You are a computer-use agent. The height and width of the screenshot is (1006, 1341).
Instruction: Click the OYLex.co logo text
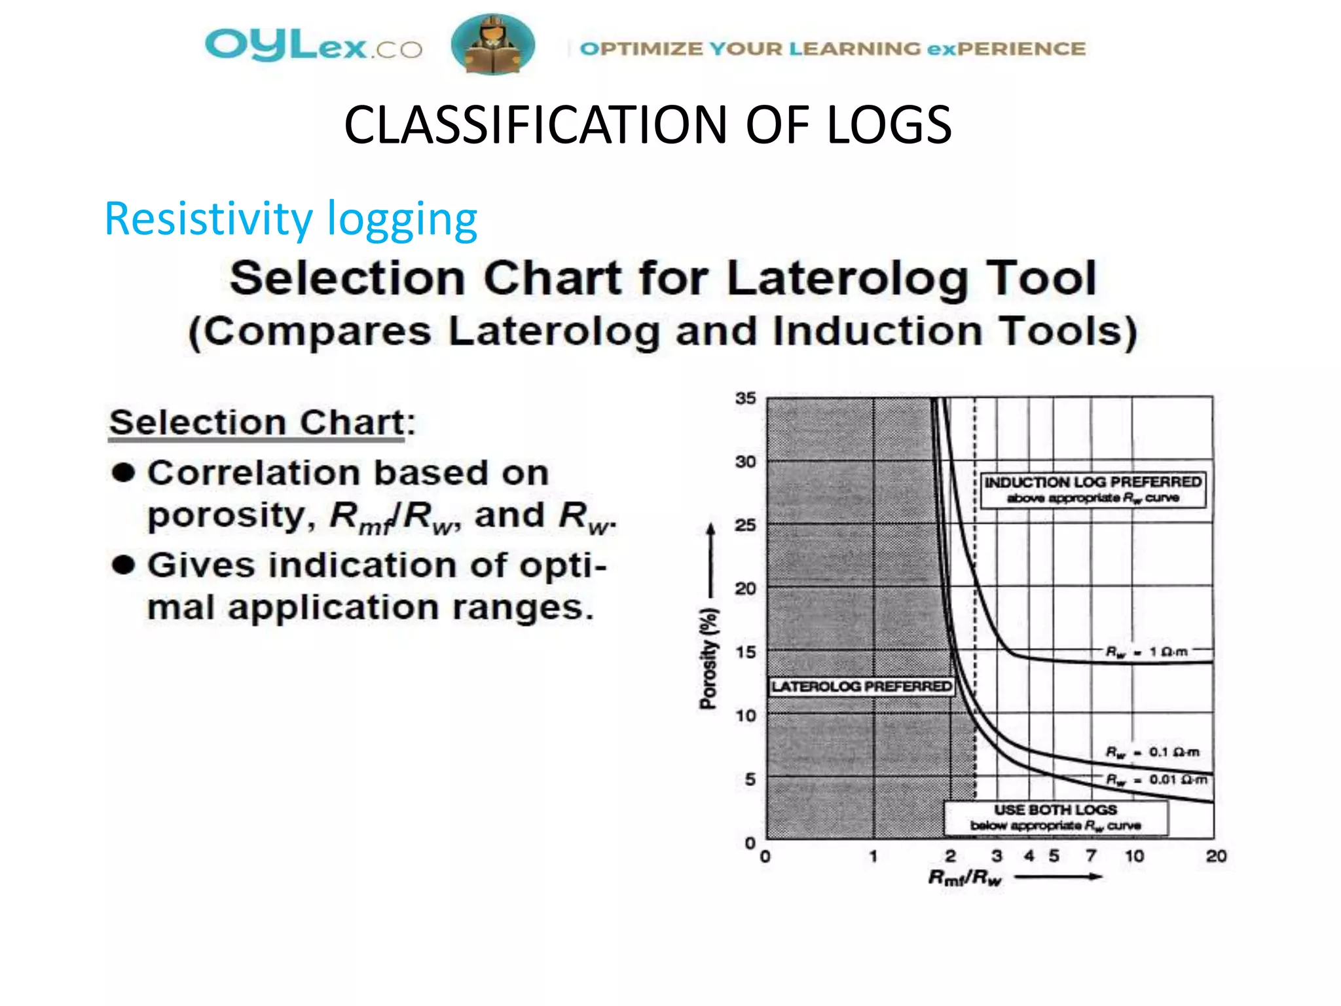pyautogui.click(x=313, y=46)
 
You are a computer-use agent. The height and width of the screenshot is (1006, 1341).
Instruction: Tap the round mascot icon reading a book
pyautogui.click(x=492, y=45)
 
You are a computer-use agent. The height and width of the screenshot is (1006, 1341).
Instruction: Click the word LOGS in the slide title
pyautogui.click(x=888, y=125)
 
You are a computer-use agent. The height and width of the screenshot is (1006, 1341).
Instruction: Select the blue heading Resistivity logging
pyautogui.click(x=291, y=219)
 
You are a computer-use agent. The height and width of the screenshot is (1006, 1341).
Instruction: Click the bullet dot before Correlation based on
pyautogui.click(x=123, y=472)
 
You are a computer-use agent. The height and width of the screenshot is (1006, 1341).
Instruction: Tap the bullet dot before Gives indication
pyautogui.click(x=123, y=565)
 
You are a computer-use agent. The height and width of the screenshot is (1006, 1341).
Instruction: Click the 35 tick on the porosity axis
pyautogui.click(x=745, y=398)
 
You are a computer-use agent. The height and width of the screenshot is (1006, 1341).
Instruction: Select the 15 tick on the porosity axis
pyautogui.click(x=745, y=652)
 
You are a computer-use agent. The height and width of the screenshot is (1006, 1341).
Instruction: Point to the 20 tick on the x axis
pyautogui.click(x=1216, y=856)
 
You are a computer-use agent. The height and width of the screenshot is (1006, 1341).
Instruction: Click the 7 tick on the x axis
pyautogui.click(x=1091, y=856)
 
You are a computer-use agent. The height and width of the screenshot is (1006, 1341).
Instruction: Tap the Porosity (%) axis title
pyautogui.click(x=708, y=659)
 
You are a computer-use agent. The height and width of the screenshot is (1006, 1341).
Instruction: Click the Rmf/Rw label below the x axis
pyautogui.click(x=964, y=878)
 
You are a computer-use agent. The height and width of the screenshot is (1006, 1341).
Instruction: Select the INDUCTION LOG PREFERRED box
pyautogui.click(x=1092, y=489)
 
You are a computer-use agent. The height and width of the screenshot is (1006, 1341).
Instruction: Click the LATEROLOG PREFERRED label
pyautogui.click(x=861, y=686)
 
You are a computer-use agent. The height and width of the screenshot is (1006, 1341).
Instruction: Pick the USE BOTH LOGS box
pyautogui.click(x=1056, y=817)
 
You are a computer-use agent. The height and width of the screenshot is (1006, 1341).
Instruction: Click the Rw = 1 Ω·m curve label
pyautogui.click(x=1146, y=652)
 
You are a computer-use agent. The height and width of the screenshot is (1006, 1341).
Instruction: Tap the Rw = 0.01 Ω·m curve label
pyautogui.click(x=1156, y=779)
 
